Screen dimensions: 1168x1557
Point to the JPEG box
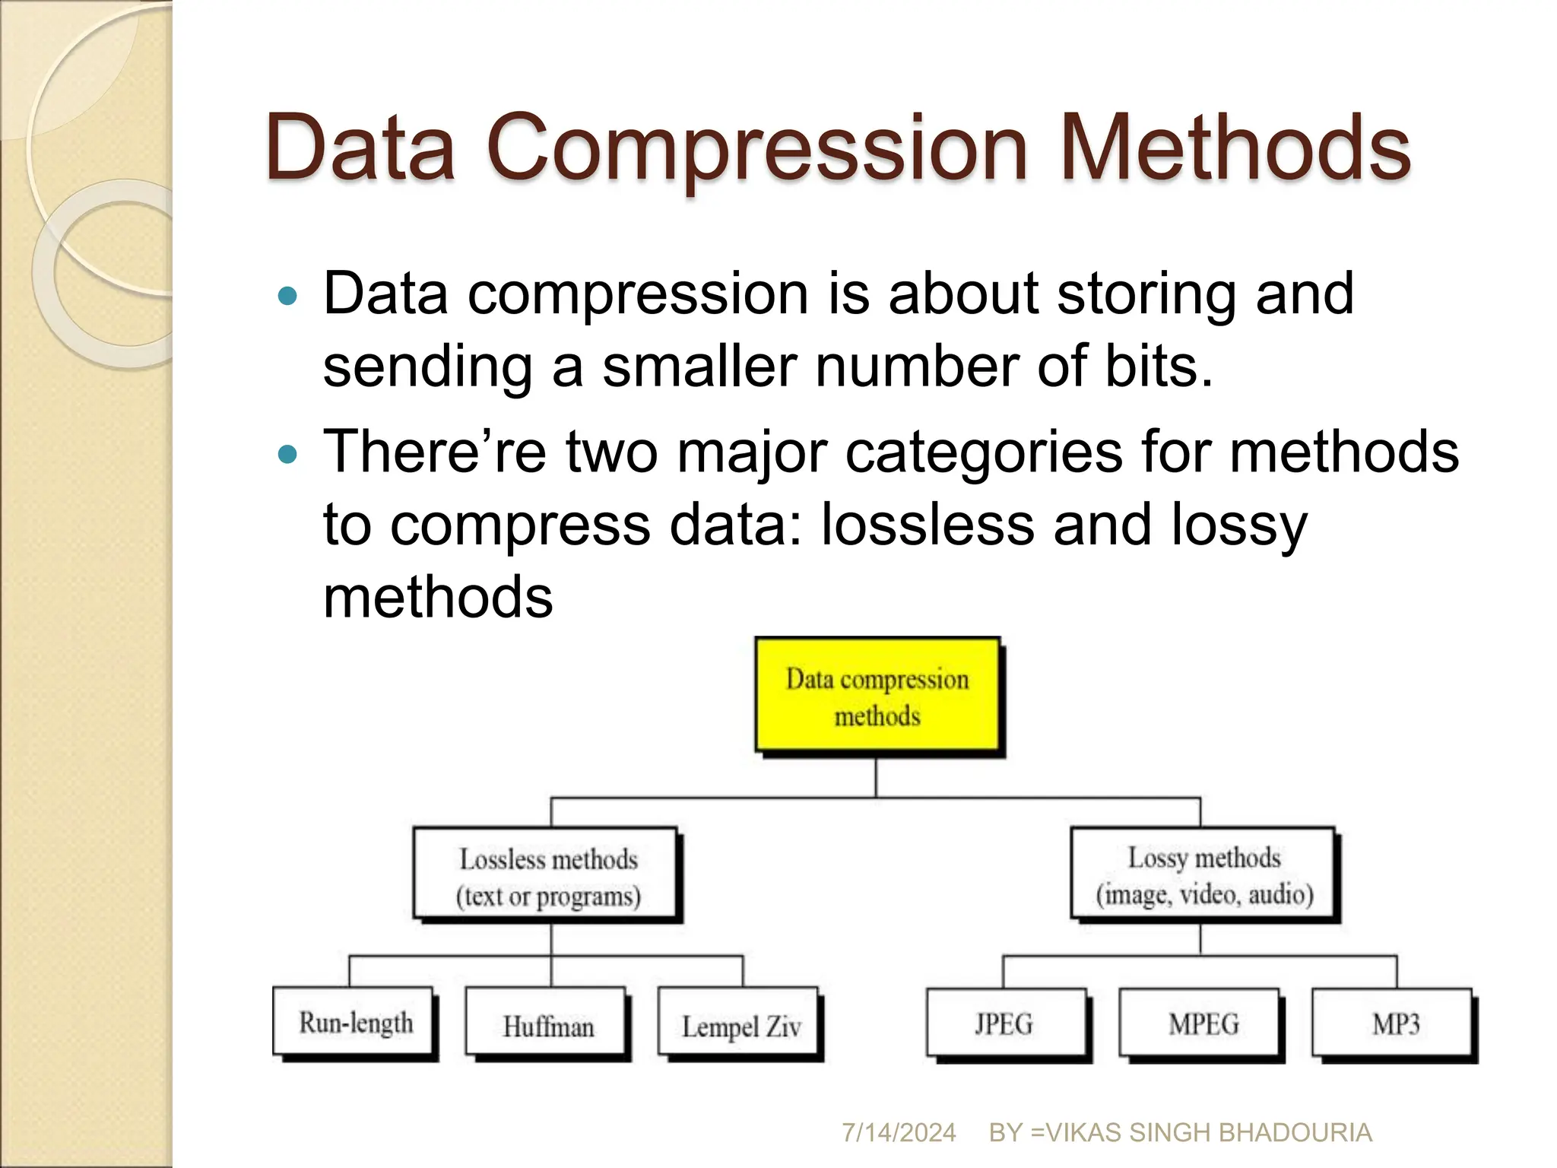click(x=1006, y=1023)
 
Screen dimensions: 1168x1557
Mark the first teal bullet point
click(x=287, y=296)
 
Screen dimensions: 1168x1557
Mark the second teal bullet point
click(x=287, y=455)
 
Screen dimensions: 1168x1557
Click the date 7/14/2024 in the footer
click(x=898, y=1132)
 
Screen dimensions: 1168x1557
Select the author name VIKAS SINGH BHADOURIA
click(x=1209, y=1132)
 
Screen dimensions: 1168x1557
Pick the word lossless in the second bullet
click(x=928, y=524)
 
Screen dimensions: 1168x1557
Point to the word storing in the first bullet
click(x=1146, y=294)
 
